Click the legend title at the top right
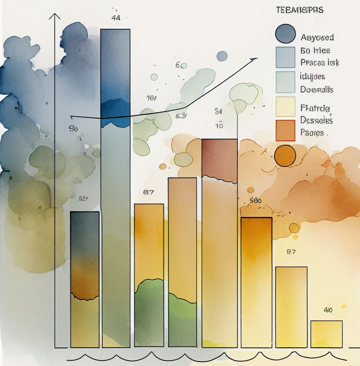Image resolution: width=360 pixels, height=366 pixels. point(299,10)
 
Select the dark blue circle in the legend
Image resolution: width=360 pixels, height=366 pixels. point(285,34)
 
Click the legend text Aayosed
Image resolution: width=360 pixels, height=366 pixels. point(317,38)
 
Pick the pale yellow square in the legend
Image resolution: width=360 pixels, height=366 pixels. point(285,107)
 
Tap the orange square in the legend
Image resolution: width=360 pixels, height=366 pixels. point(285,130)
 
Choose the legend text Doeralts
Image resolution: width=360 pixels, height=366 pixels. point(317,89)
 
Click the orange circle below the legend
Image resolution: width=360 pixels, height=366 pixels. point(285,156)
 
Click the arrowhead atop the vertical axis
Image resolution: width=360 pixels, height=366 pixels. point(55,17)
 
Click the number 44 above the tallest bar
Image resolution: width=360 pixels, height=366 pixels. point(116,18)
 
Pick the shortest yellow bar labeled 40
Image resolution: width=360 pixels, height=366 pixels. point(326,334)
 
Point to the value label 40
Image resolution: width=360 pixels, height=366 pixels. point(328,310)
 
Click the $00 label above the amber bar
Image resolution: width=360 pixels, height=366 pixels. point(255,200)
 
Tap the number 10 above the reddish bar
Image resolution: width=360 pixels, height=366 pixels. point(219,126)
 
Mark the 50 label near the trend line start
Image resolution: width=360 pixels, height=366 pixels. point(74,129)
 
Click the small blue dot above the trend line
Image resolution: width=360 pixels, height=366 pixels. point(222,56)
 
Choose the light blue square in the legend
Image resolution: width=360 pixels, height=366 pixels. point(285,57)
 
